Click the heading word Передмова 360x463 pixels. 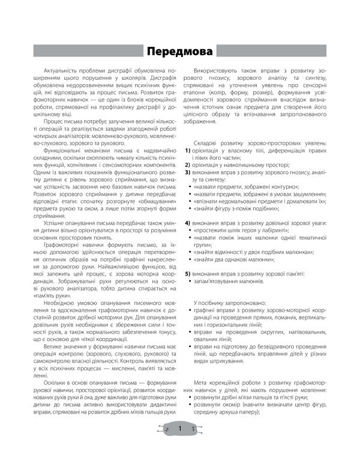click(x=180, y=50)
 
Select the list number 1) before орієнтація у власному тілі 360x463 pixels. click(x=187, y=150)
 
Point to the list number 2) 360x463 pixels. click(x=187, y=164)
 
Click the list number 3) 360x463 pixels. click(x=187, y=172)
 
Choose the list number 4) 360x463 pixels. click(x=187, y=223)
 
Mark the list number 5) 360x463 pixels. click(x=187, y=274)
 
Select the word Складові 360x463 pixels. click(x=211, y=142)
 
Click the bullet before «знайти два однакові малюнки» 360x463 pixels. click(x=190, y=259)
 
